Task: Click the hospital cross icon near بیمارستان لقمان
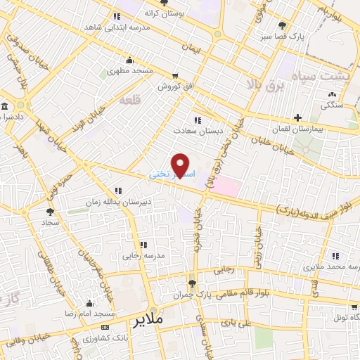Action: click(297, 117)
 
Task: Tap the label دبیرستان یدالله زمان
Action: click(148, 202)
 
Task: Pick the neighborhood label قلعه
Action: click(131, 101)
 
